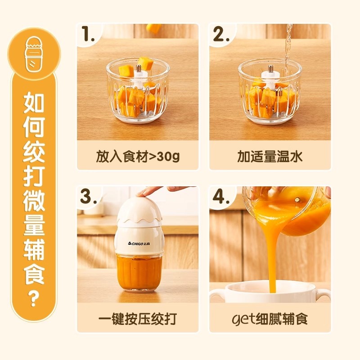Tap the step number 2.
pos(221,35)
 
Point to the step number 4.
pos(222,198)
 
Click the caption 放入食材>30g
pos(138,156)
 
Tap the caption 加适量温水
pos(270,156)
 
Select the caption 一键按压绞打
pos(138,319)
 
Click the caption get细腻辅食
pos(270,319)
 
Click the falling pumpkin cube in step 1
pos(154,28)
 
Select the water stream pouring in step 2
pos(287,49)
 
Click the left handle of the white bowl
pos(217,295)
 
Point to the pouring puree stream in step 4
pos(271,256)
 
